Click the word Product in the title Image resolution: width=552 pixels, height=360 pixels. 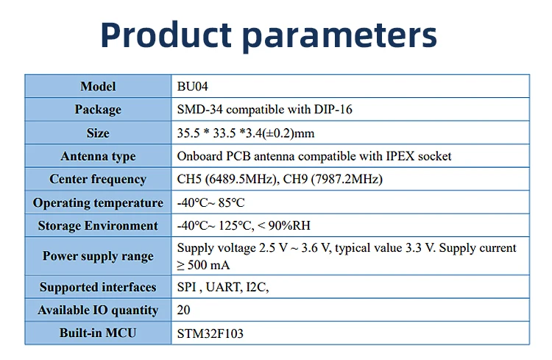click(x=166, y=35)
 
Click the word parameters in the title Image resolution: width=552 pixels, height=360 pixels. click(x=340, y=37)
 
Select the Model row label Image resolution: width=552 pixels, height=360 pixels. click(x=98, y=86)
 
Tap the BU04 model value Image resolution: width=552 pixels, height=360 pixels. click(x=192, y=86)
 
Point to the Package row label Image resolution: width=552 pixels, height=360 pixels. click(x=98, y=110)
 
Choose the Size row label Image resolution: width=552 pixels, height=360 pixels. click(x=98, y=133)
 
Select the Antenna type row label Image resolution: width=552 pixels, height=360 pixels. click(x=98, y=156)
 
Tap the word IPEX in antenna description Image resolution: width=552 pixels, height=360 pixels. click(x=400, y=156)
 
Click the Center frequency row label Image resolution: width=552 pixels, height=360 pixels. click(x=98, y=180)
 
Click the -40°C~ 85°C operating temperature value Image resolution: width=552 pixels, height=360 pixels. click(x=210, y=202)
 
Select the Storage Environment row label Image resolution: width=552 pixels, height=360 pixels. click(x=98, y=226)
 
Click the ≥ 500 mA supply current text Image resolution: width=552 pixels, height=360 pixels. click(x=203, y=265)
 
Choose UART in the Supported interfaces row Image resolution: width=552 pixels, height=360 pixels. click(x=224, y=287)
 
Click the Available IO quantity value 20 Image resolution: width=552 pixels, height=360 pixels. click(x=183, y=310)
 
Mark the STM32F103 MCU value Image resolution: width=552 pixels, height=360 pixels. click(x=210, y=333)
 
